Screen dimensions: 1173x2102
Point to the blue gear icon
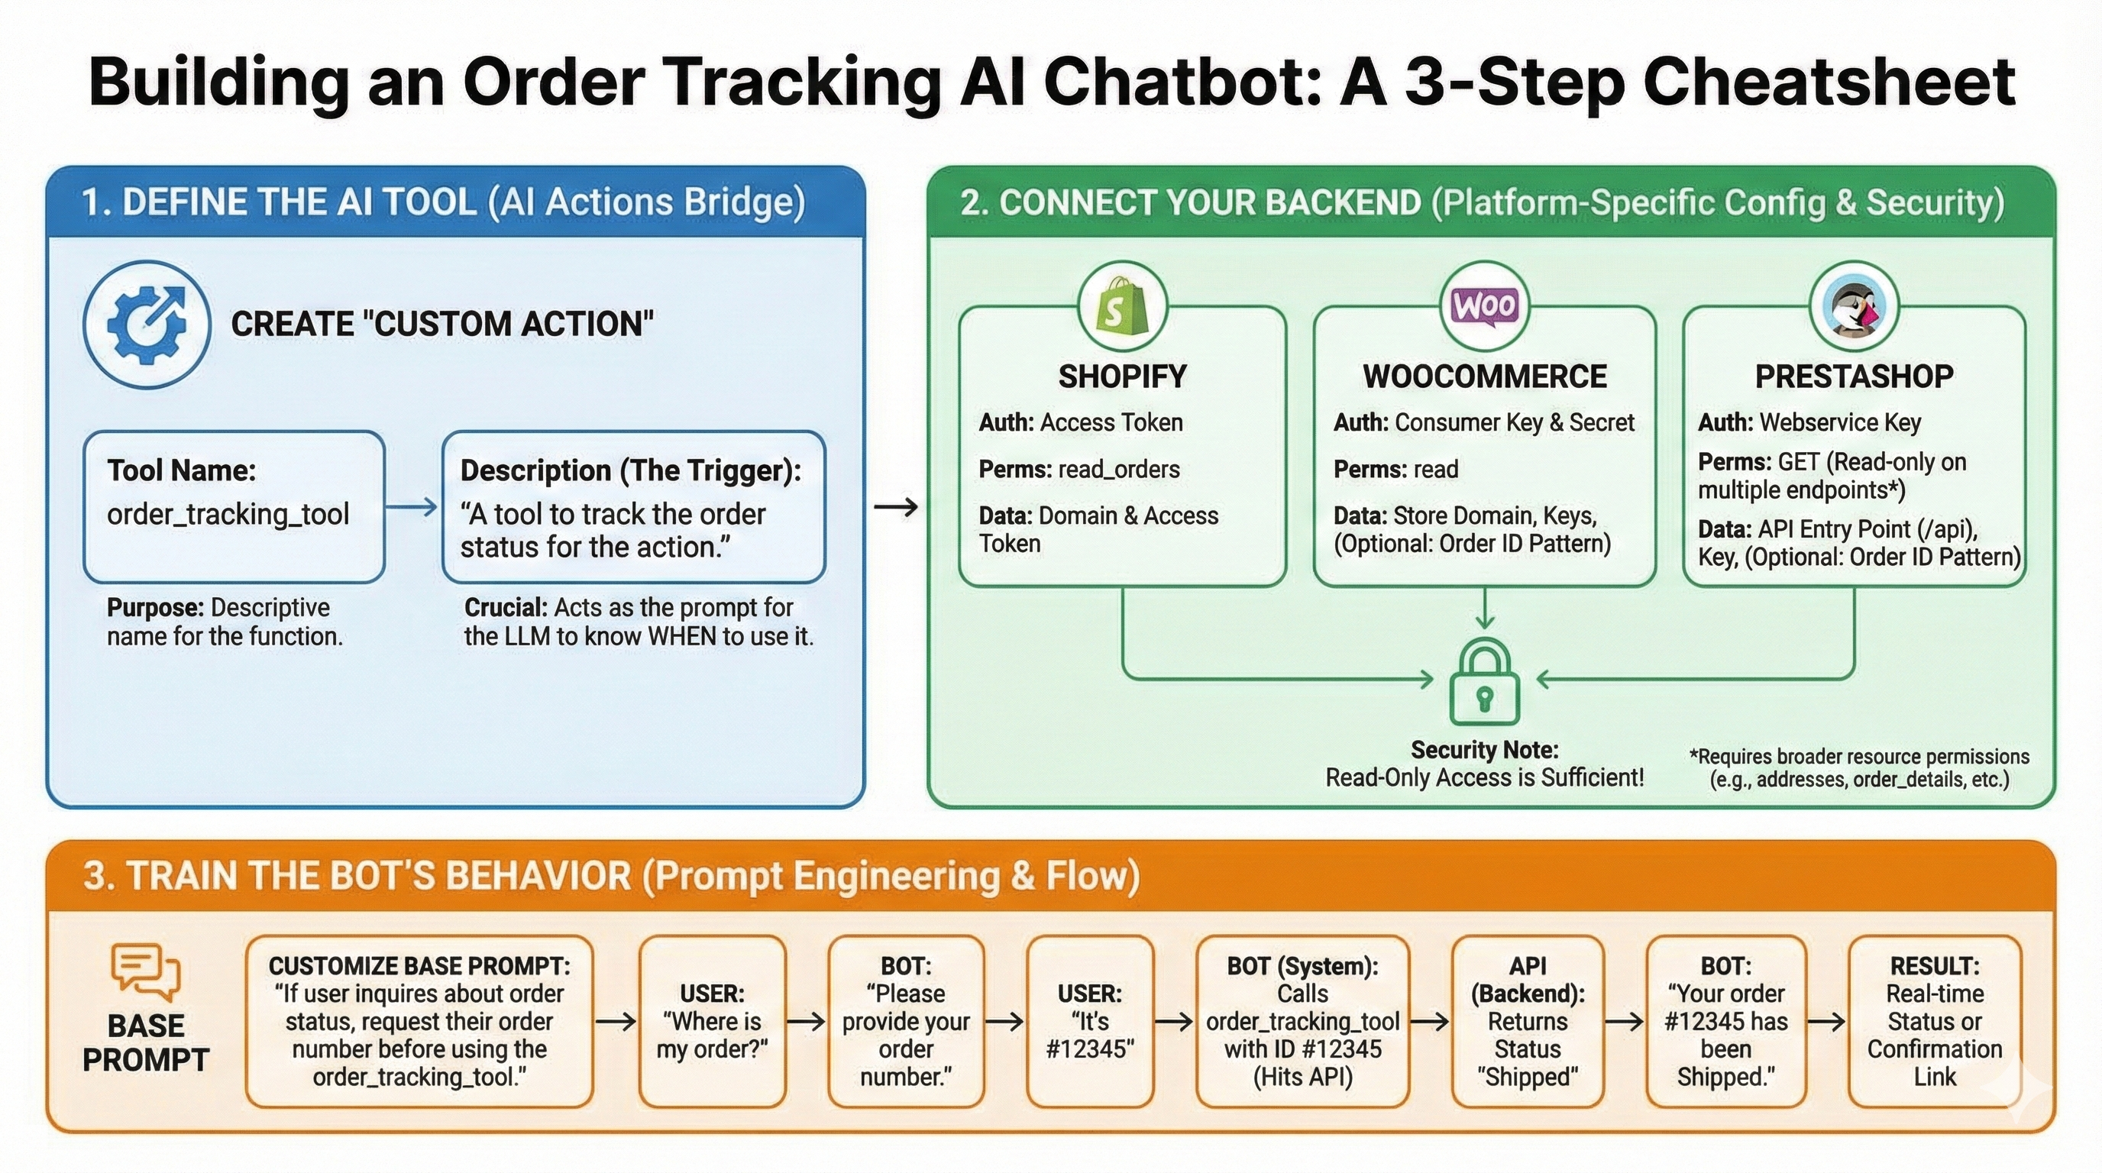(147, 325)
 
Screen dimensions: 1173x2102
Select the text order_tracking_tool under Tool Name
(228, 515)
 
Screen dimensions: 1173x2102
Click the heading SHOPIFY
(1122, 376)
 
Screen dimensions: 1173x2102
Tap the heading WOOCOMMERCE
(1484, 376)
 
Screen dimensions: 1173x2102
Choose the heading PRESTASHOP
(1854, 376)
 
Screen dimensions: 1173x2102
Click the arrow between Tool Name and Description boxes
(412, 507)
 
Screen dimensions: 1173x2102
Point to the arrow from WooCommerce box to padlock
(1484, 609)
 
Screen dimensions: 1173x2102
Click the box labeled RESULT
(1934, 1021)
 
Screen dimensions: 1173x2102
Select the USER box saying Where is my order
(712, 1021)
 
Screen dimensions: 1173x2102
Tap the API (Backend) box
(1528, 1021)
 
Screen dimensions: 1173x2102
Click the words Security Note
(1484, 750)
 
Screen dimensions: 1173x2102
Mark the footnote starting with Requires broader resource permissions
(1859, 767)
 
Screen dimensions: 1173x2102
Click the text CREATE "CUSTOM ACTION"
(441, 325)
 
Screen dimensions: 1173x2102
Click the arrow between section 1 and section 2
(896, 507)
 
